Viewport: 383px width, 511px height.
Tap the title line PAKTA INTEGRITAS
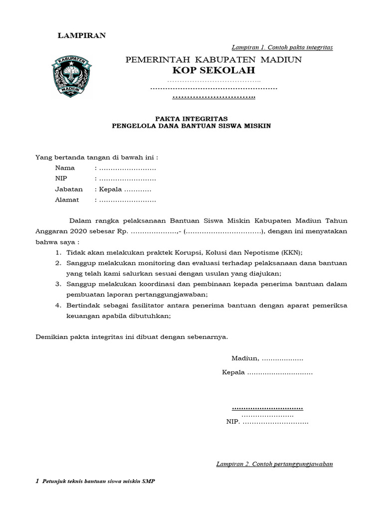tap(191, 118)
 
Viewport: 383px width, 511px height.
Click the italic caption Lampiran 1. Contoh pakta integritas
tap(282, 47)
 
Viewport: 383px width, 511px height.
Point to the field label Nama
tap(65, 168)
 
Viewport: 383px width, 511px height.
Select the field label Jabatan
tap(69, 190)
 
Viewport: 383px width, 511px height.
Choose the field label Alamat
tap(67, 200)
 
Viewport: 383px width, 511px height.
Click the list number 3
tap(58, 284)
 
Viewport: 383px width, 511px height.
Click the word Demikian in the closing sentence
tap(51, 337)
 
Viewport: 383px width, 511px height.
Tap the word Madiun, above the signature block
tap(245, 358)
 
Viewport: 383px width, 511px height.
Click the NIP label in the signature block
tap(233, 422)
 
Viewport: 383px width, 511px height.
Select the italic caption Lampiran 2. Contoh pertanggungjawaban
tap(274, 464)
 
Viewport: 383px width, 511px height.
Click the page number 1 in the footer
tap(37, 482)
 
